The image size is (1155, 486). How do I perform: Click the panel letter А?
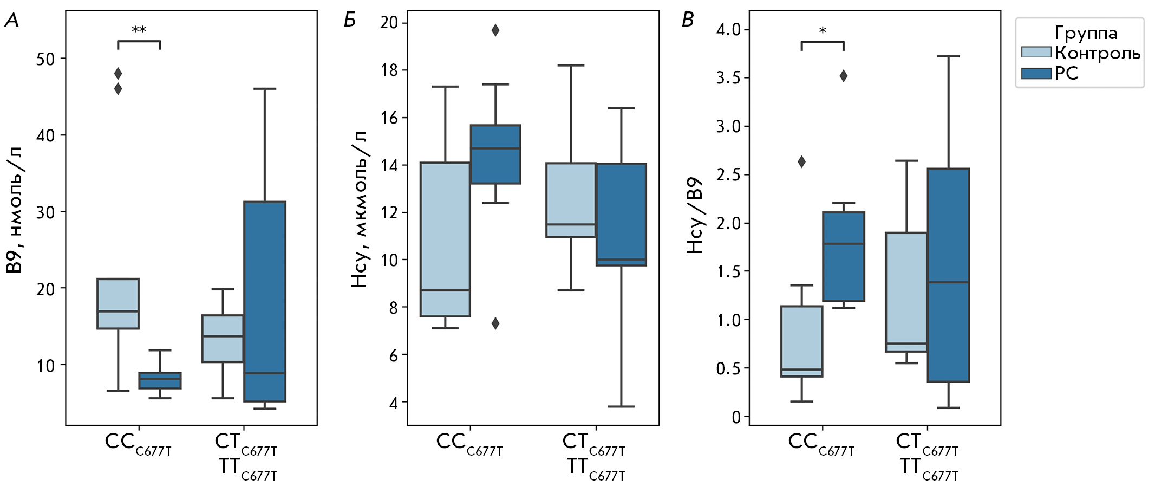(x=11, y=21)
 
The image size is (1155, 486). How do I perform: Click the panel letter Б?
(x=350, y=21)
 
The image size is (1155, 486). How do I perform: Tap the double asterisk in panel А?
(x=139, y=29)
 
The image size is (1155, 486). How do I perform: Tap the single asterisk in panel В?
(x=823, y=31)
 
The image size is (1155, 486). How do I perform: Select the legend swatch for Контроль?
(x=1036, y=53)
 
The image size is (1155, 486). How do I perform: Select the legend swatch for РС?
(x=1036, y=73)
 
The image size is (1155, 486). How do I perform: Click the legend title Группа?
(x=1086, y=34)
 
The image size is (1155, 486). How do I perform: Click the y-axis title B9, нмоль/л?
(x=14, y=210)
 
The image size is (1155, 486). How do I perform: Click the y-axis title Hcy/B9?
(x=695, y=215)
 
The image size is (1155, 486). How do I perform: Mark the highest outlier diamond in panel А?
(x=118, y=73)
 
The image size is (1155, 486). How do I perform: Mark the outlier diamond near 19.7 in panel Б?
(x=495, y=30)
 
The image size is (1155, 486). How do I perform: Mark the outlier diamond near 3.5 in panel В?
(x=844, y=76)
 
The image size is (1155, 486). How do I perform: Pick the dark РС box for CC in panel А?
(x=160, y=380)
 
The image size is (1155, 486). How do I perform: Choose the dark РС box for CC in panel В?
(x=844, y=256)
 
